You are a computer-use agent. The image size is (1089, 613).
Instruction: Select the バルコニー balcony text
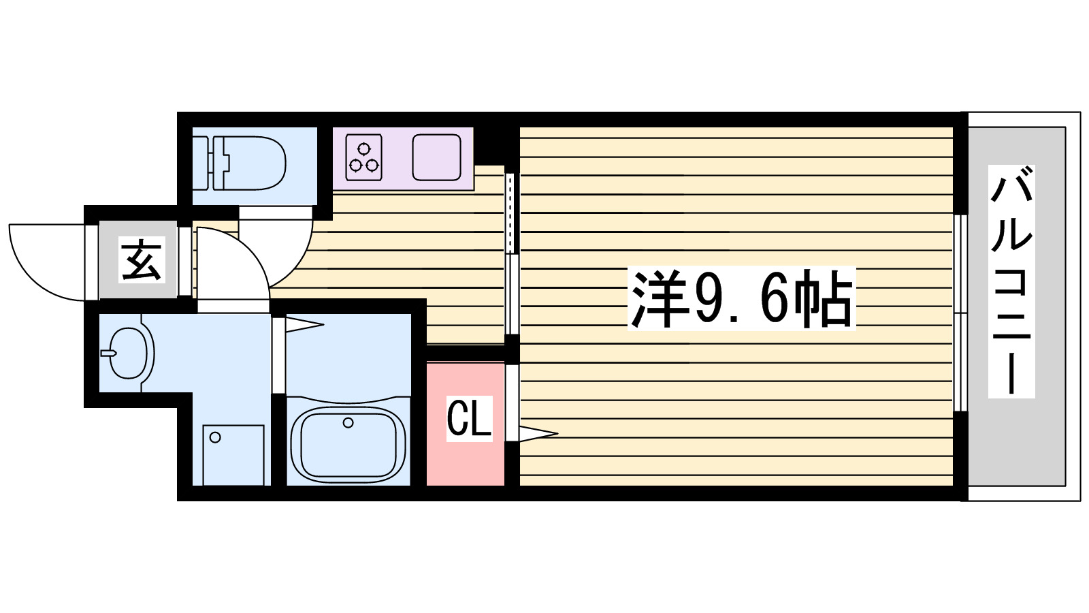click(x=1011, y=281)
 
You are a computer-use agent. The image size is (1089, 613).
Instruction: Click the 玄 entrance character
click(x=142, y=260)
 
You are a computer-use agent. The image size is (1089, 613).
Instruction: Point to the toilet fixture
click(x=248, y=163)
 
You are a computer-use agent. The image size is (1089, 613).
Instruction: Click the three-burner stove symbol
click(x=363, y=157)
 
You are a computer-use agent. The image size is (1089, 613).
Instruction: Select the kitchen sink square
click(x=436, y=157)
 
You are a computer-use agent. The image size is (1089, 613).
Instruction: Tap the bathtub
click(x=348, y=444)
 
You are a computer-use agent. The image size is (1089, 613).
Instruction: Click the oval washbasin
click(x=129, y=353)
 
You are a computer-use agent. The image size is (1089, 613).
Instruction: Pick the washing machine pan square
click(x=233, y=454)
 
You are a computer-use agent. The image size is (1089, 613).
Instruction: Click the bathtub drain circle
click(x=348, y=423)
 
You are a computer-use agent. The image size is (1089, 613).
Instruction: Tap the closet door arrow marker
click(x=538, y=433)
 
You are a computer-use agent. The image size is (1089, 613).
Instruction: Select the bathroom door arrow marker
click(x=304, y=326)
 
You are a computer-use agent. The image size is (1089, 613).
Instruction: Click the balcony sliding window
click(x=960, y=313)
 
